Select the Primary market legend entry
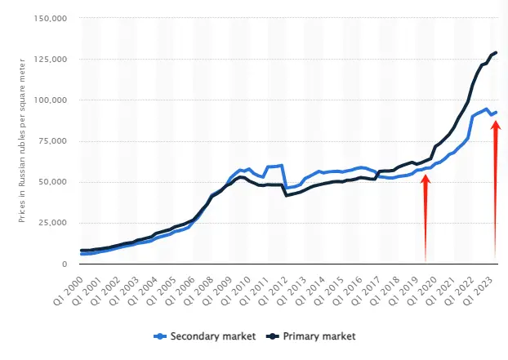coord(315,336)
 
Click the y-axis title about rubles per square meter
coord(19,140)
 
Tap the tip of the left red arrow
coord(426,176)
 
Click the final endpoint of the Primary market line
coord(497,52)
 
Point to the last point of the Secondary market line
coord(497,112)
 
